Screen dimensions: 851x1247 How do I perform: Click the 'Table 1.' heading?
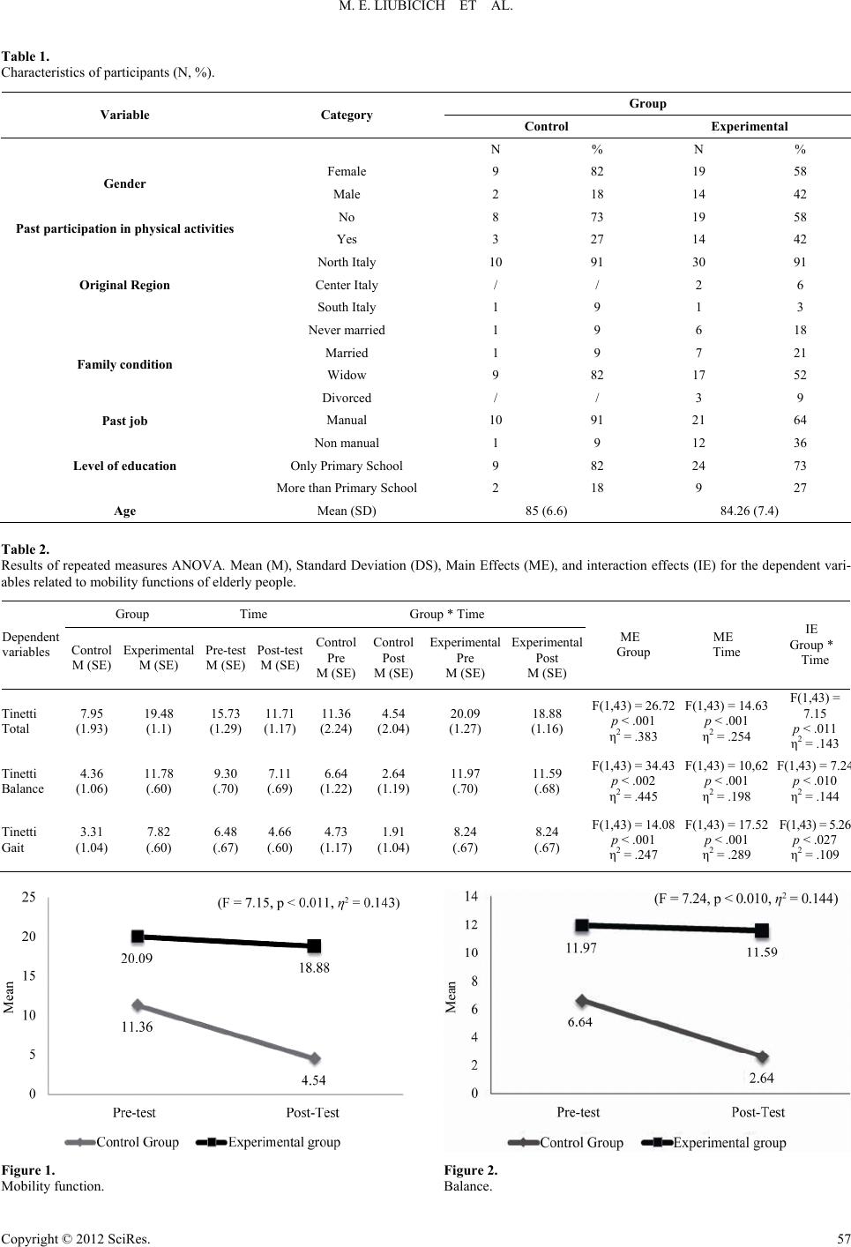pos(25,56)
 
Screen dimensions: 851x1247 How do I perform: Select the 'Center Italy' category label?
pos(347,285)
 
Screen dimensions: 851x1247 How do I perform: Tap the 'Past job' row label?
pos(124,421)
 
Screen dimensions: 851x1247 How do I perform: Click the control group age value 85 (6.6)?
pos(546,511)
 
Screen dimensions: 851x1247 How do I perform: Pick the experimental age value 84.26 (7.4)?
pos(750,511)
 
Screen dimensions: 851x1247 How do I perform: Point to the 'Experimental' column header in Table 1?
pos(750,126)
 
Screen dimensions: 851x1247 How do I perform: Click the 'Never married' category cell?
pos(347,330)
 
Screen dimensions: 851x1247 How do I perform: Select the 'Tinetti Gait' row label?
pos(19,840)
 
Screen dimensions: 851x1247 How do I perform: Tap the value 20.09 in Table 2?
pos(465,713)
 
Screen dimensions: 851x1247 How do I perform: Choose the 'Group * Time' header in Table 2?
pos(446,614)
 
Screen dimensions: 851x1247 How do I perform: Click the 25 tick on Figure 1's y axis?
pos(29,897)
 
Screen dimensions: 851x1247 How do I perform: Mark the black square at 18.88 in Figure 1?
pos(314,945)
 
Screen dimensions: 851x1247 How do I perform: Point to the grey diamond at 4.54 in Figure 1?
pos(315,1058)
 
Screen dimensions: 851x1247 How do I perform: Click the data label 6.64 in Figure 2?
pos(579,1022)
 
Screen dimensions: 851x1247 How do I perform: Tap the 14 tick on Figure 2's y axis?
pos(471,896)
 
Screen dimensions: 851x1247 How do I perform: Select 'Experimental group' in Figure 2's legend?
pos(729,1143)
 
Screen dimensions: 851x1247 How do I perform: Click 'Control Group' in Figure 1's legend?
pos(138,1142)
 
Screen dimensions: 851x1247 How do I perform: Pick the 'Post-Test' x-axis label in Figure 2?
pos(758,1112)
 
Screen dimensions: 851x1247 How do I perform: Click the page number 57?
pos(844,1239)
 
